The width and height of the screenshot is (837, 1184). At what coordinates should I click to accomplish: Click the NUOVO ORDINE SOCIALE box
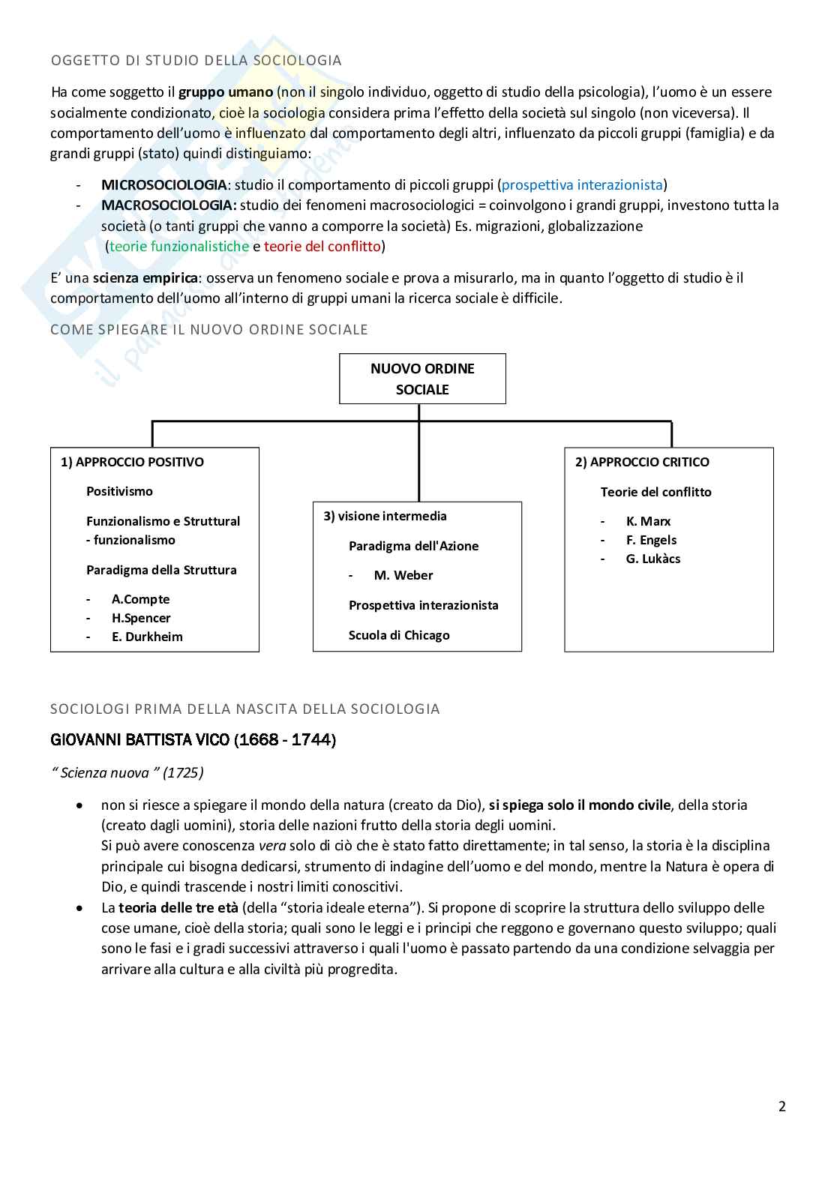pyautogui.click(x=422, y=379)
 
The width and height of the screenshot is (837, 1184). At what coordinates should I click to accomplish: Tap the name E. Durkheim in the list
pyautogui.click(x=147, y=637)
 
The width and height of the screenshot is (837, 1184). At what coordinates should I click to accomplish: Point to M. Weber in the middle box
pyautogui.click(x=403, y=575)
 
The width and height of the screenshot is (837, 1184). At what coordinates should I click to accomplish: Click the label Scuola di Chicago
pyautogui.click(x=399, y=635)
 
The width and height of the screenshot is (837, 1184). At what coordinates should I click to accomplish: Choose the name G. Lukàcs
pyautogui.click(x=653, y=559)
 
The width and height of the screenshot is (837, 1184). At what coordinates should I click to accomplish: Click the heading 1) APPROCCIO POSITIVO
pyautogui.click(x=132, y=462)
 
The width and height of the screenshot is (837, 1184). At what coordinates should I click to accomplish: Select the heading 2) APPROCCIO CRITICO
pyautogui.click(x=642, y=462)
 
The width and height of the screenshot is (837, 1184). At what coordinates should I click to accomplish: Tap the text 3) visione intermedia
pyautogui.click(x=385, y=516)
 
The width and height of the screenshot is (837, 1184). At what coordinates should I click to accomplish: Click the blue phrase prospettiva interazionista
pyautogui.click(x=582, y=184)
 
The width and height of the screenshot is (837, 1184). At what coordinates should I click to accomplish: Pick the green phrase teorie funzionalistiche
pyautogui.click(x=179, y=246)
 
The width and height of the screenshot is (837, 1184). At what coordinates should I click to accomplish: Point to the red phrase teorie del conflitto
pyautogui.click(x=322, y=246)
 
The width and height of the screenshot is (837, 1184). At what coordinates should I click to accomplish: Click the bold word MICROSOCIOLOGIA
pyautogui.click(x=163, y=184)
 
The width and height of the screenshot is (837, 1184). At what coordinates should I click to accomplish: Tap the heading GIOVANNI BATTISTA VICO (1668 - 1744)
pyautogui.click(x=193, y=740)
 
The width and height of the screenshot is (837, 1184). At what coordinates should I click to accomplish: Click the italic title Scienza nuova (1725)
pyautogui.click(x=128, y=772)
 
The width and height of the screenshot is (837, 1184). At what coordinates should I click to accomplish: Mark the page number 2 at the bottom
pyautogui.click(x=782, y=1106)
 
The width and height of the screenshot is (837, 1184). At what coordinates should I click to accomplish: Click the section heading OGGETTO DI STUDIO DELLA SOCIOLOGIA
pyautogui.click(x=196, y=61)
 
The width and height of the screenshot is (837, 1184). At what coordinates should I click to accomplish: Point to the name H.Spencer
pyautogui.click(x=141, y=618)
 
